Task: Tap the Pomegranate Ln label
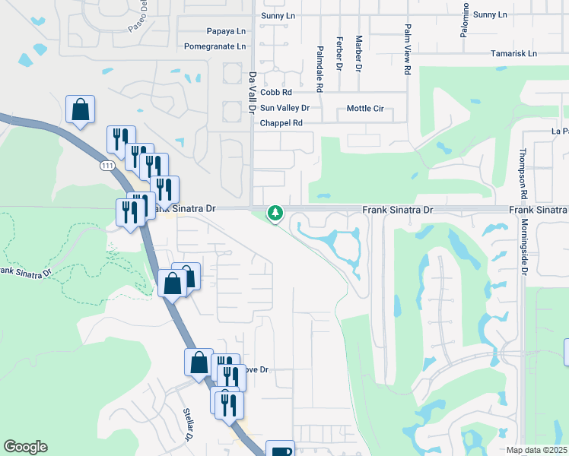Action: pyautogui.click(x=215, y=46)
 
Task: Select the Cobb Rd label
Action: pyautogui.click(x=276, y=92)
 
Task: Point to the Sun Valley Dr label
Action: pyautogui.click(x=285, y=108)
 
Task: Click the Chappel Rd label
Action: pyautogui.click(x=281, y=123)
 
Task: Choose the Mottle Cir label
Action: pyautogui.click(x=365, y=109)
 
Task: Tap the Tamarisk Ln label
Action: pyautogui.click(x=513, y=54)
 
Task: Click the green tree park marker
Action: pyautogui.click(x=275, y=214)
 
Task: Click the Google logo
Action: pyautogui.click(x=26, y=447)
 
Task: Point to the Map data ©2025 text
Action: pyautogui.click(x=537, y=450)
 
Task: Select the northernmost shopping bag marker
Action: pyautogui.click(x=80, y=110)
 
